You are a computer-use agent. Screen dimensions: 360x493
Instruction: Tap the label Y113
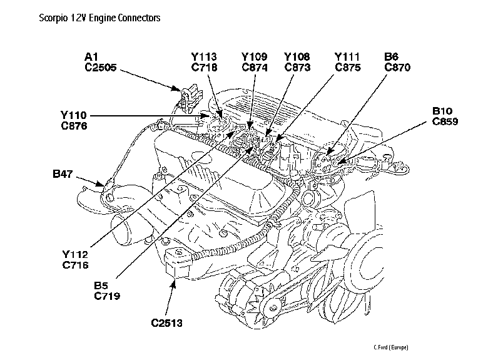[x=205, y=57]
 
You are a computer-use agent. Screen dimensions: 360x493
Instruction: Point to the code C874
[x=255, y=68]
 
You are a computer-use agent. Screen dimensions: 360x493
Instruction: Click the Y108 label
[x=297, y=57]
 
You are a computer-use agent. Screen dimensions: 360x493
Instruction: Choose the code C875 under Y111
[x=348, y=68]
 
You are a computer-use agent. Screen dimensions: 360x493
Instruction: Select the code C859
[x=445, y=121]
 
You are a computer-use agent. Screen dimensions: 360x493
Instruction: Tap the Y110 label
[x=74, y=115]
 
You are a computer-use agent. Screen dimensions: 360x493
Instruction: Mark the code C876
[x=74, y=126]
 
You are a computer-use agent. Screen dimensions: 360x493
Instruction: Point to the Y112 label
[x=75, y=254]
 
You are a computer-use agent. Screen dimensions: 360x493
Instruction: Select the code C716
[x=75, y=265]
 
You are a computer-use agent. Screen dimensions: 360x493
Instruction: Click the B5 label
[x=101, y=284]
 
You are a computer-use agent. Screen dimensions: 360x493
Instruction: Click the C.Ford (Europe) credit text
[x=391, y=347]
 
